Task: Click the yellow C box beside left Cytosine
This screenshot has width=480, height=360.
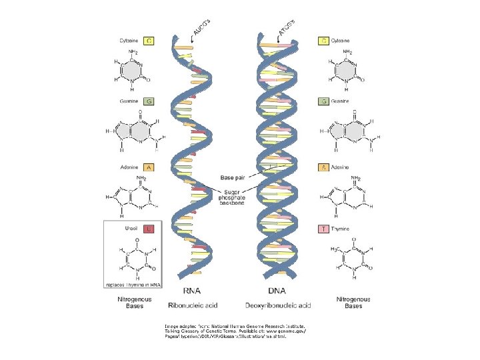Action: (149, 41)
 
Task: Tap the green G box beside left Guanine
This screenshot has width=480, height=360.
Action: (149, 101)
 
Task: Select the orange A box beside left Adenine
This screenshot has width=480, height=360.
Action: (149, 167)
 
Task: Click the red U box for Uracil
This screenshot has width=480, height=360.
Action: (149, 229)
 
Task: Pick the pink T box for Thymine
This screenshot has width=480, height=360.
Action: (323, 229)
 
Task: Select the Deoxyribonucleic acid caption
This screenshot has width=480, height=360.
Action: (277, 304)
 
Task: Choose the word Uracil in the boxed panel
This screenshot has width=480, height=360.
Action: (133, 229)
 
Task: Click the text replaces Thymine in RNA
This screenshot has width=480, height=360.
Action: (133, 284)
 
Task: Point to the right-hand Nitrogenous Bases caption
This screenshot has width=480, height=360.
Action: (349, 303)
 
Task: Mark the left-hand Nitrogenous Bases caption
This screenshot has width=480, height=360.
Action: (134, 303)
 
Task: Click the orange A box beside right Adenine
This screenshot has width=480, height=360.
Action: (323, 167)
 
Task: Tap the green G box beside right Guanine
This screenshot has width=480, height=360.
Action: (323, 101)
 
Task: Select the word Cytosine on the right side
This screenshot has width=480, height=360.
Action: (343, 41)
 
